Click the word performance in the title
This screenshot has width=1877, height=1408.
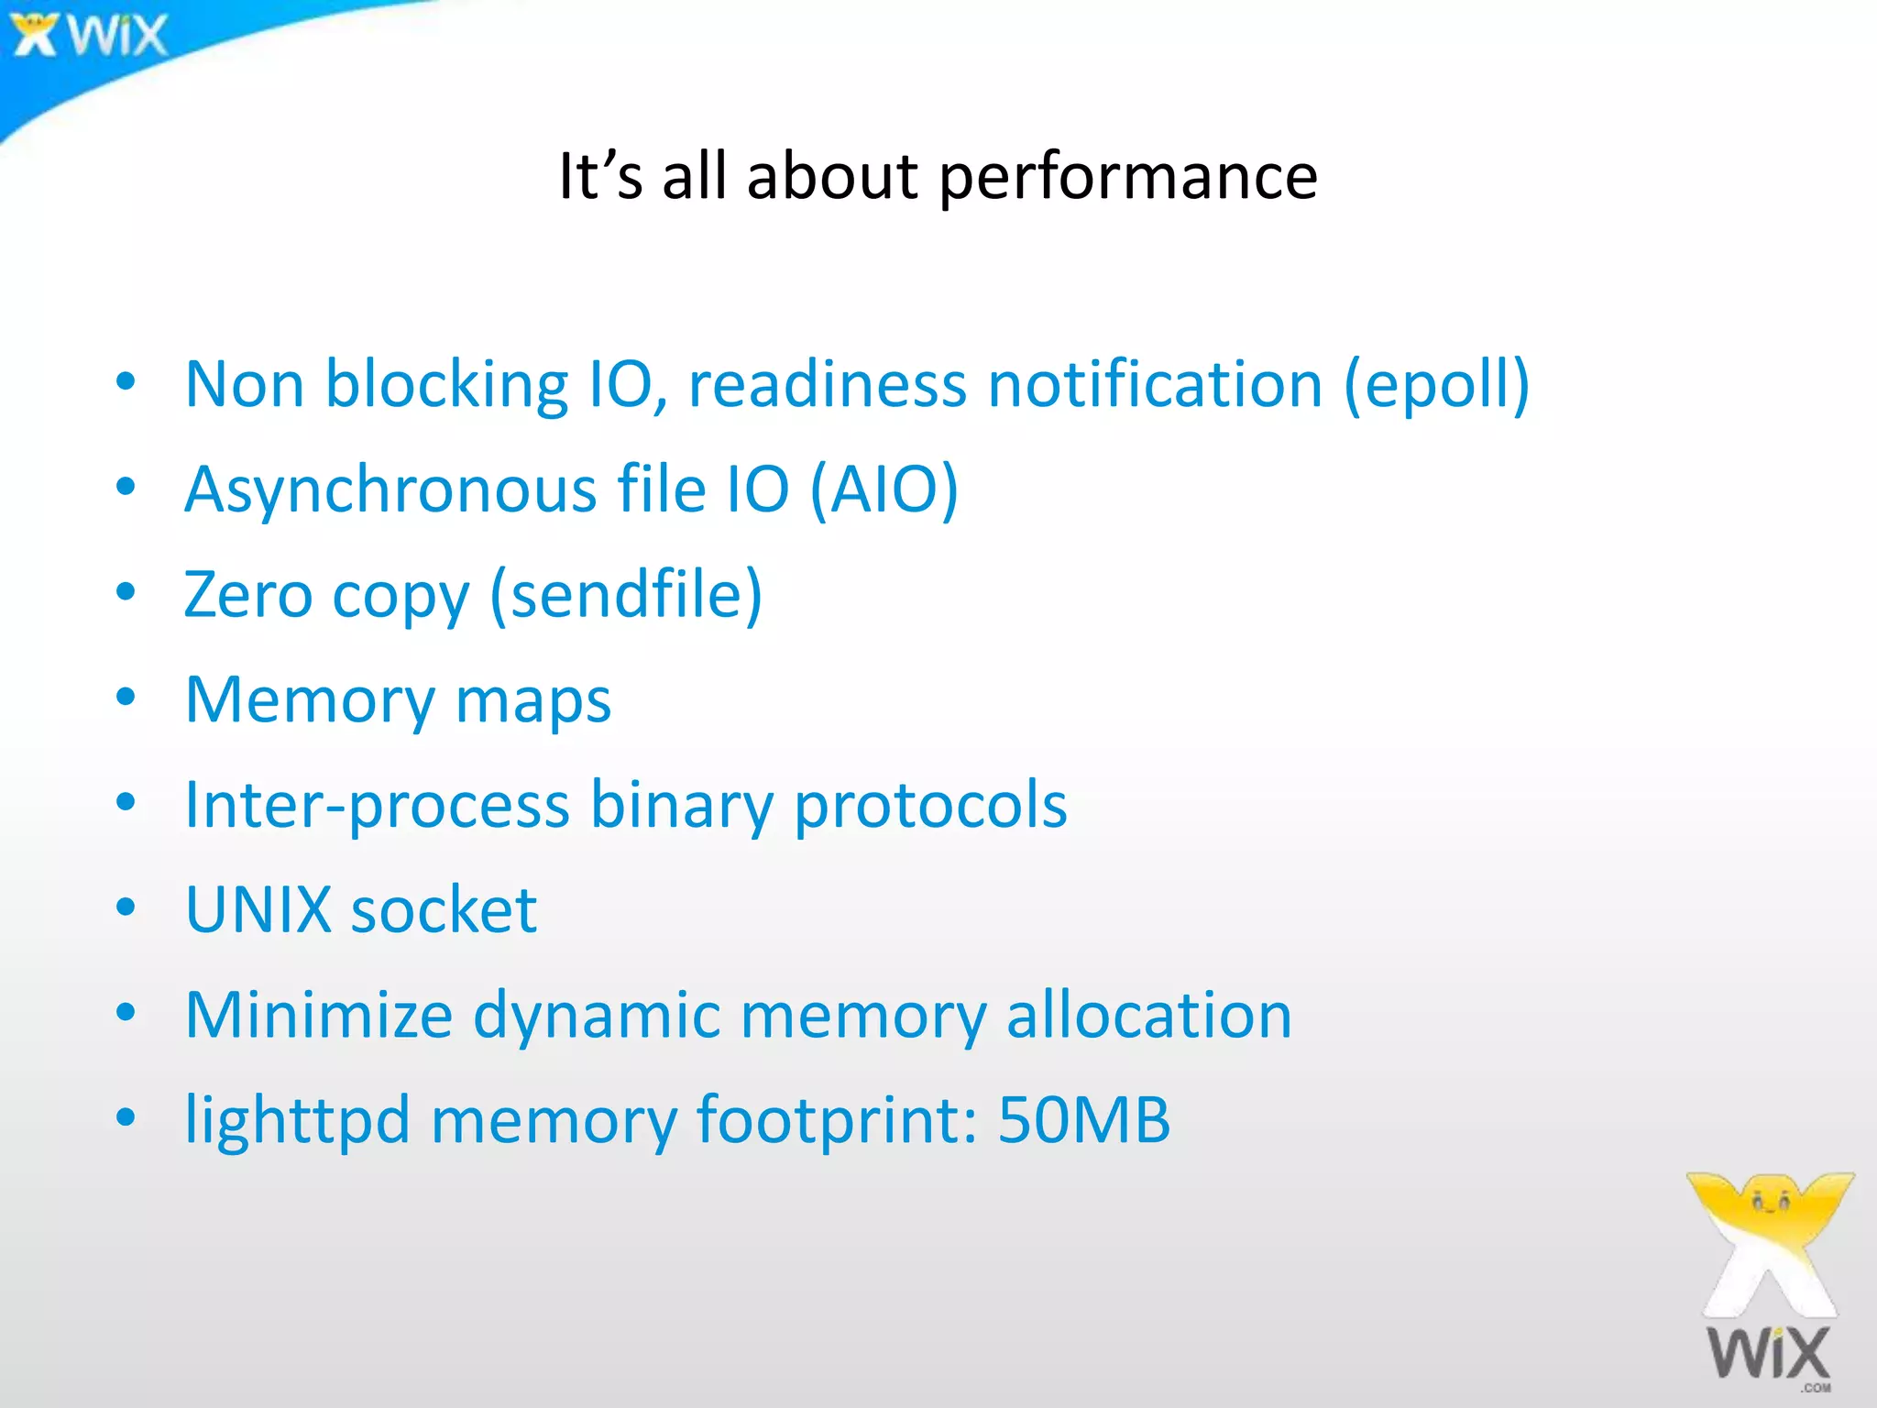1128,176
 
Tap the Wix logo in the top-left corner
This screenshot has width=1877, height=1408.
90,35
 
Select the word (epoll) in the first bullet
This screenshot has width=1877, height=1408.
1436,384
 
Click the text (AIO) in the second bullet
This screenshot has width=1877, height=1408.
884,489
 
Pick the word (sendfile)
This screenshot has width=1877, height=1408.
626,595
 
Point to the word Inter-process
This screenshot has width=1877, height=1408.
377,805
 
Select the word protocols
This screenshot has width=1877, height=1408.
929,805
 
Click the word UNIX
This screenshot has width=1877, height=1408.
258,910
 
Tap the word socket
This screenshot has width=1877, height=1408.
444,910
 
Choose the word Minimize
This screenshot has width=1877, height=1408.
318,1016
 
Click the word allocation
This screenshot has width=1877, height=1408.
1148,1016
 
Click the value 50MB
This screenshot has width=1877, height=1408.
1083,1120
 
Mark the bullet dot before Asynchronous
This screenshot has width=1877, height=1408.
126,488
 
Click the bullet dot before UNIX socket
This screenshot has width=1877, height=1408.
126,908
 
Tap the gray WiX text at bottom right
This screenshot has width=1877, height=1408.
1768,1353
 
